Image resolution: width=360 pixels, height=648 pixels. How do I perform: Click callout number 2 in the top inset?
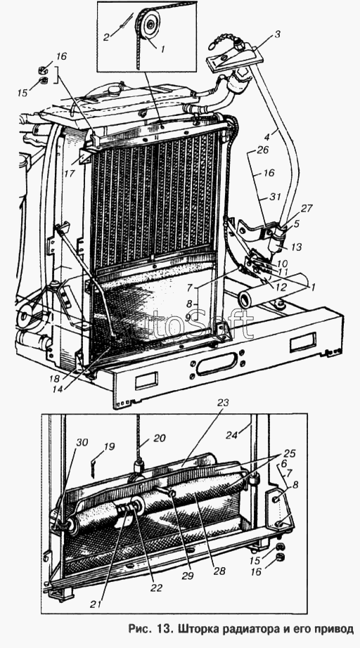click(106, 37)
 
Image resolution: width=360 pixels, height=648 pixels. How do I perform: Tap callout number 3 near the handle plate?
click(277, 34)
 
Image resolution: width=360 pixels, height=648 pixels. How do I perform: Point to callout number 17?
click(69, 174)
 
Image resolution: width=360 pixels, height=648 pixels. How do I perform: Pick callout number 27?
click(307, 208)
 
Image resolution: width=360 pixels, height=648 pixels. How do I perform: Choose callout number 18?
click(55, 378)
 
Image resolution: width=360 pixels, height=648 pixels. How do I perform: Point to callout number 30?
click(82, 442)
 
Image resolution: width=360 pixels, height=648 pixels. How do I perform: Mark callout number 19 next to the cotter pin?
click(110, 447)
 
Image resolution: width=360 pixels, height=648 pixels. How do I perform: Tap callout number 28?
click(219, 571)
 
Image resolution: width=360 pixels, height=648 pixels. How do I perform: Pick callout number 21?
click(96, 604)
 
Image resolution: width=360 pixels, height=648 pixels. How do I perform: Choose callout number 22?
click(157, 588)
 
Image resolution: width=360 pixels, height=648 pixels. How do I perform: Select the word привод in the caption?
click(333, 630)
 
